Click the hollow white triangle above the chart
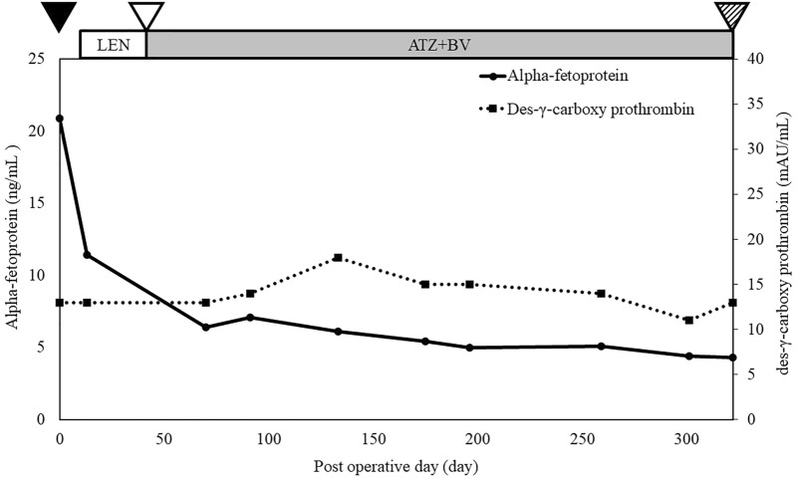click(146, 14)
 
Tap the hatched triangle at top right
click(732, 14)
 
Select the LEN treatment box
click(113, 45)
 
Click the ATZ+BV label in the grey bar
click(439, 45)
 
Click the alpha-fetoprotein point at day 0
click(60, 119)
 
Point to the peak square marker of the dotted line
click(338, 258)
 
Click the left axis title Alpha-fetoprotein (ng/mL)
click(14, 239)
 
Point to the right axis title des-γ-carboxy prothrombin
click(781, 239)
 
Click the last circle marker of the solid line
click(732, 358)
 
